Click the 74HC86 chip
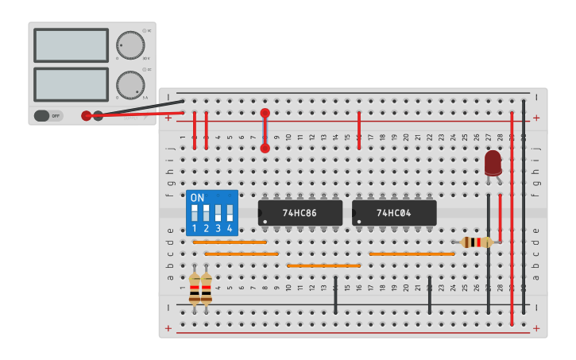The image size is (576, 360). click(300, 213)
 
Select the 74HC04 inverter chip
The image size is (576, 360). click(394, 213)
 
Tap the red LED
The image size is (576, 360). click(493, 163)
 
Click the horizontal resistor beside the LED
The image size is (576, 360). click(476, 242)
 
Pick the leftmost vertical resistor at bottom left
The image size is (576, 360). click(195, 289)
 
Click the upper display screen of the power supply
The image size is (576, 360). click(71, 45)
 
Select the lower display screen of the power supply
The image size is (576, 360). click(71, 84)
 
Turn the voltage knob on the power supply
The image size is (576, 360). click(130, 45)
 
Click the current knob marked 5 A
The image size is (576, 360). click(130, 85)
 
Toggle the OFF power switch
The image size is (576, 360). click(48, 116)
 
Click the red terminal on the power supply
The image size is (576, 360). click(87, 116)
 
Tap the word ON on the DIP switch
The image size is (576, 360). click(197, 198)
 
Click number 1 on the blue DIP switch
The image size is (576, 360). click(194, 229)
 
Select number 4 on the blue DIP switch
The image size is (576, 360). click(230, 229)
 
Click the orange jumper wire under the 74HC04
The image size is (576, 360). click(412, 254)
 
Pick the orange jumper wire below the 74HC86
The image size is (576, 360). click(323, 265)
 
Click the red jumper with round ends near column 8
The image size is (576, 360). click(265, 130)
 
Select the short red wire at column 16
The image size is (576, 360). click(359, 130)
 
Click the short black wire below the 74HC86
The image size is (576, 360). click(335, 295)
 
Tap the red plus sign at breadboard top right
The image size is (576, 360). click(536, 118)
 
